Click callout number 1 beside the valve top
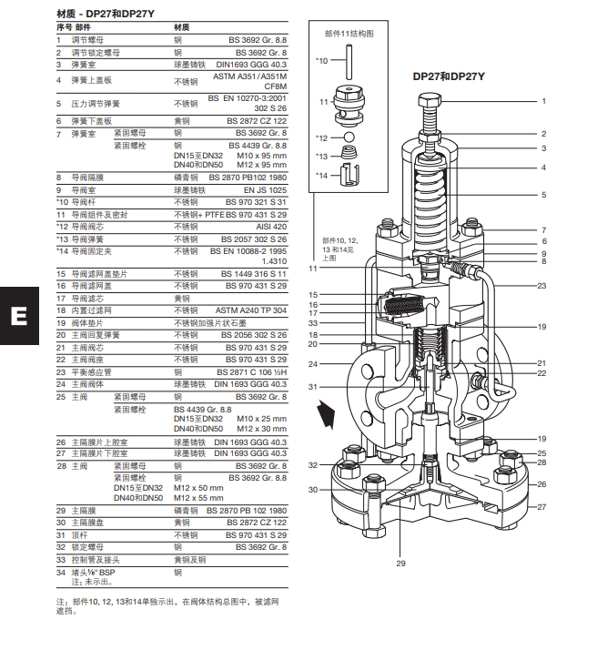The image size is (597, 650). (543, 101)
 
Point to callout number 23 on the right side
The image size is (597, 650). (541, 286)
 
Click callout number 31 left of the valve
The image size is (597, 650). (314, 388)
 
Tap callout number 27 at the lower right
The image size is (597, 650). (541, 506)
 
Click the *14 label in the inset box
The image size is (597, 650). (320, 175)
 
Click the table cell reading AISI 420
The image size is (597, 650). (273, 226)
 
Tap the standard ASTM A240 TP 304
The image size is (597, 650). (251, 310)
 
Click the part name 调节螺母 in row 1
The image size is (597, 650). (84, 41)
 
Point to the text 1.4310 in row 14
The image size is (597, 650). (275, 260)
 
